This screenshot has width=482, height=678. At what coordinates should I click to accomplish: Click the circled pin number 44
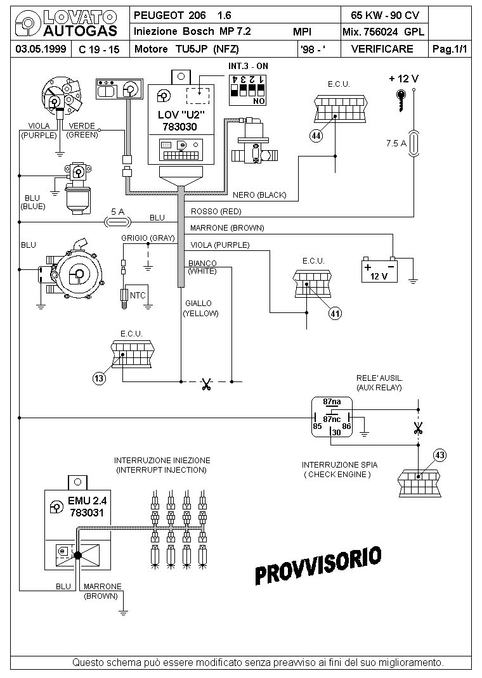click(x=316, y=136)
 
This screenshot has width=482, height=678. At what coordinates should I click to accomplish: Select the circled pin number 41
click(x=335, y=314)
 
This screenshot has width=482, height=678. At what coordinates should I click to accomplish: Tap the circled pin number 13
click(x=99, y=379)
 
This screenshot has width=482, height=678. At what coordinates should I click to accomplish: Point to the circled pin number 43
click(x=440, y=456)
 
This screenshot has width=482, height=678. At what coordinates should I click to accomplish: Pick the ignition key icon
click(x=401, y=100)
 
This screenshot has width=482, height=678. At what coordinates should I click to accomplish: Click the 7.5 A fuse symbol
click(x=414, y=143)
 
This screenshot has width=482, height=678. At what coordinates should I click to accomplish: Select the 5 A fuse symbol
click(x=118, y=222)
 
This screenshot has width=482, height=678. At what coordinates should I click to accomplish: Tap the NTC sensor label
click(x=138, y=296)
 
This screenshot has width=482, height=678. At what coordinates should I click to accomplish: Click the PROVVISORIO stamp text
click(x=318, y=565)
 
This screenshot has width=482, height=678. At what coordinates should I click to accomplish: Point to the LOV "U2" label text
click(x=181, y=115)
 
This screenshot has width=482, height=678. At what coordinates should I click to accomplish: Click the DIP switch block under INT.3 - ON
click(x=247, y=90)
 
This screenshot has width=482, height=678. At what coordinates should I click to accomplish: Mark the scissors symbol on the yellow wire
click(x=206, y=384)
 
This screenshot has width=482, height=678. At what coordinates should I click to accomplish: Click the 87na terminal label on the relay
click(x=332, y=402)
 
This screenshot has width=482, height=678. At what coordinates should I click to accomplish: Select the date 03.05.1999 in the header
click(x=41, y=49)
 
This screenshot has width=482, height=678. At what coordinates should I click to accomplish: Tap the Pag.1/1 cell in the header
click(x=450, y=49)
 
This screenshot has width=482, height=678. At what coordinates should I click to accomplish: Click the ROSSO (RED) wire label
click(x=216, y=212)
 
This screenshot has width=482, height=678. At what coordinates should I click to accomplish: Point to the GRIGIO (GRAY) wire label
click(x=148, y=238)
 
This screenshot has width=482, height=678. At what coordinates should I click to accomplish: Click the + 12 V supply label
click(x=404, y=79)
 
